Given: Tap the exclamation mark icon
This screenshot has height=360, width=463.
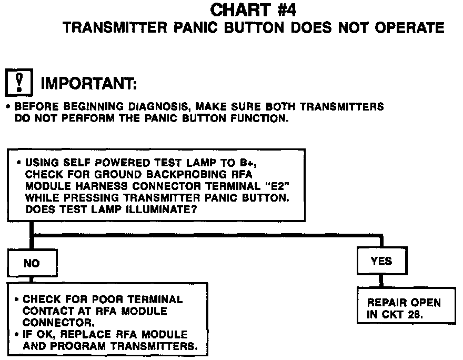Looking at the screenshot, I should coord(19,83).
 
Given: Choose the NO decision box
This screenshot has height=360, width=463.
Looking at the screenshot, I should coord(32,263).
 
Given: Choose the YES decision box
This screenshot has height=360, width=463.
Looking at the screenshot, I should coord(381,261).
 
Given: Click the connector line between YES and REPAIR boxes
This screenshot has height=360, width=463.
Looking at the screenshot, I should coord(381,281).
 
